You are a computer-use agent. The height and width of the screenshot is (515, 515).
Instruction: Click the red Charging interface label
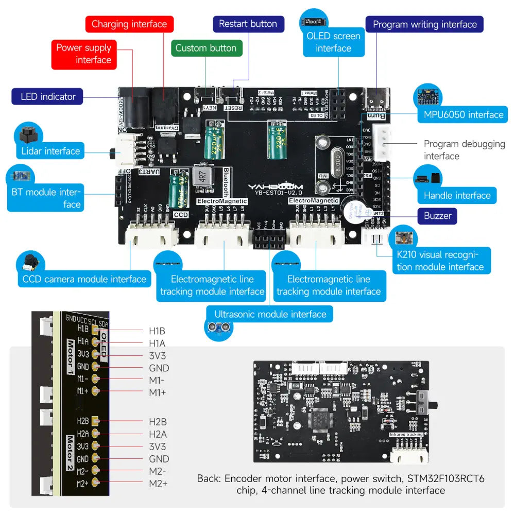129,24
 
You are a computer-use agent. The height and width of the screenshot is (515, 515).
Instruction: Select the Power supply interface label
84,54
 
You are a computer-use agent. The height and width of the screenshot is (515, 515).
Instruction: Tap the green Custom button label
206,48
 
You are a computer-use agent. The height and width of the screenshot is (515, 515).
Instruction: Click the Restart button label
248,24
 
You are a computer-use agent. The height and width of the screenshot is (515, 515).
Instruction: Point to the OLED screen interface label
333,42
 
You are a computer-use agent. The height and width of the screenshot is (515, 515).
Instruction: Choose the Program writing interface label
424,24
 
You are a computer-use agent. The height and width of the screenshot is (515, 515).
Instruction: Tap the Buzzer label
437,216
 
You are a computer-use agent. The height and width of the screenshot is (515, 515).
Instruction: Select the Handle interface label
457,195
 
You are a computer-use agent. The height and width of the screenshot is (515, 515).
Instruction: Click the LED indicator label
48,96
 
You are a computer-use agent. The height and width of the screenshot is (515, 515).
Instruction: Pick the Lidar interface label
50,151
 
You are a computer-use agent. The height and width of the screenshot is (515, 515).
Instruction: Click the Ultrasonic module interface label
270,314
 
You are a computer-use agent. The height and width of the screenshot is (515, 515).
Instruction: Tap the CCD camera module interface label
84,279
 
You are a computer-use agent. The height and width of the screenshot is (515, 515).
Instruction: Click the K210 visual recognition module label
440,261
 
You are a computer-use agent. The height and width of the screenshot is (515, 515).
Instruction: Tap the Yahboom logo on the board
276,187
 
